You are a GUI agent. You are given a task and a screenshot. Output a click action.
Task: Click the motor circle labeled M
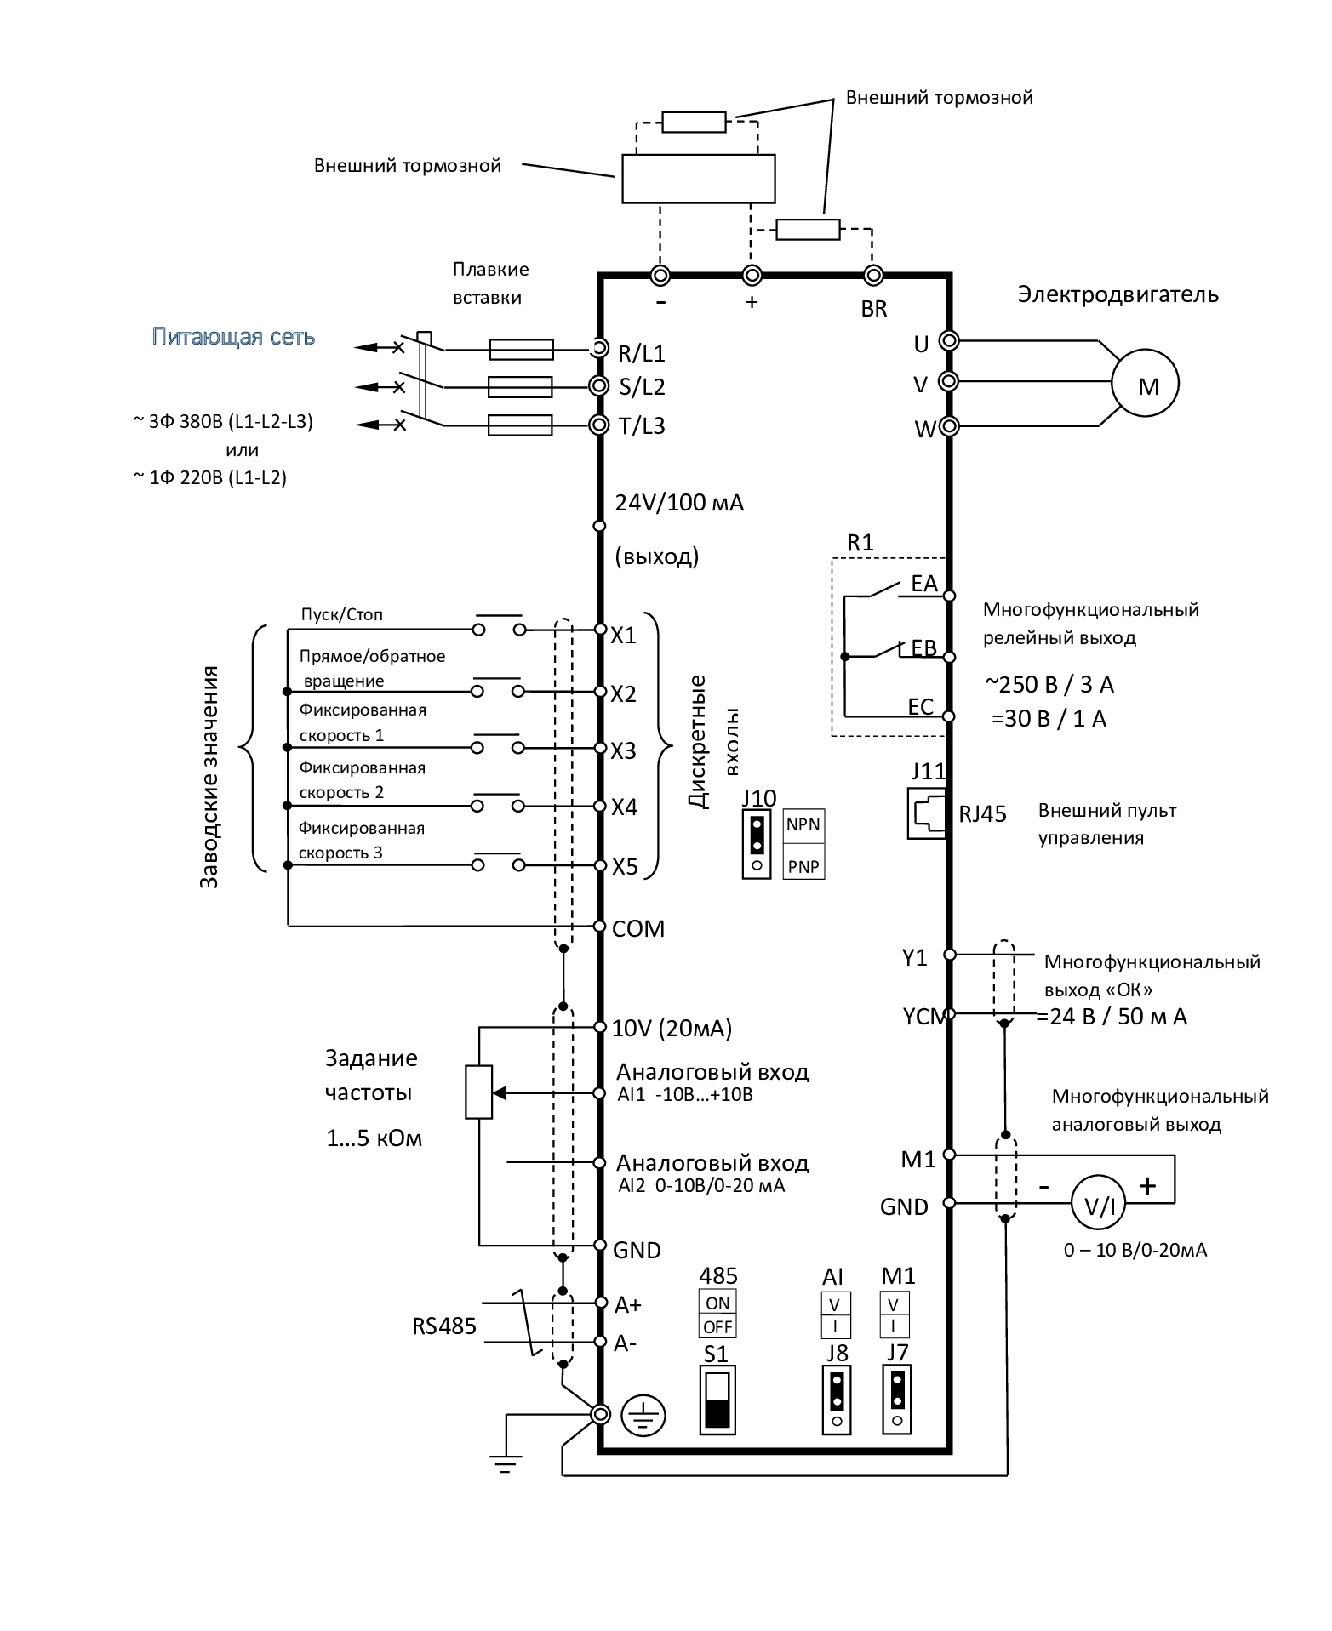1145,384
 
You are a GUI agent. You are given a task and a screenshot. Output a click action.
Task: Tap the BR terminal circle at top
872,276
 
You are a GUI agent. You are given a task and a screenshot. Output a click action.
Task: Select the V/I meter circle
1098,1205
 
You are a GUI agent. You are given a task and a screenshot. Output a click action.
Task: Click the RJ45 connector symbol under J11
927,813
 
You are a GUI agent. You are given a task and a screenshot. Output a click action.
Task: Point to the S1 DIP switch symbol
717,1400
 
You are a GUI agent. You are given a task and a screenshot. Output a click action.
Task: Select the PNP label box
803,867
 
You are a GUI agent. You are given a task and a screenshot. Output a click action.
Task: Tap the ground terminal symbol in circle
643,1416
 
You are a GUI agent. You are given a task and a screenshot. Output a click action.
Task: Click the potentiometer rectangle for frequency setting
479,1092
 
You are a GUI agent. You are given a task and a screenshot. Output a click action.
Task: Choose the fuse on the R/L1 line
521,349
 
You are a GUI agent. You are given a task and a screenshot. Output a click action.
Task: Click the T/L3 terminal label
641,425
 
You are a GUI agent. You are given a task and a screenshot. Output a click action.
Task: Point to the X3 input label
623,750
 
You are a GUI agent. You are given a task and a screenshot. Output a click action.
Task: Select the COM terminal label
637,928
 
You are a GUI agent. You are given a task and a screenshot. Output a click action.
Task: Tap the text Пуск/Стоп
342,614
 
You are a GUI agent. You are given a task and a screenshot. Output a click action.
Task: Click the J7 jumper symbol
897,1400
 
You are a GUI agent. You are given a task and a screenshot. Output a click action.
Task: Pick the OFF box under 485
717,1326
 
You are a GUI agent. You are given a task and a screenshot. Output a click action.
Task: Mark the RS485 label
444,1326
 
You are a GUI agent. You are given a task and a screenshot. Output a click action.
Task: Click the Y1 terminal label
914,957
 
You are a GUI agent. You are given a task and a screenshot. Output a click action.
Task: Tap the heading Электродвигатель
1118,294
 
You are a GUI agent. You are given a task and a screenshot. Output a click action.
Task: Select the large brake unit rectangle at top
698,178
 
